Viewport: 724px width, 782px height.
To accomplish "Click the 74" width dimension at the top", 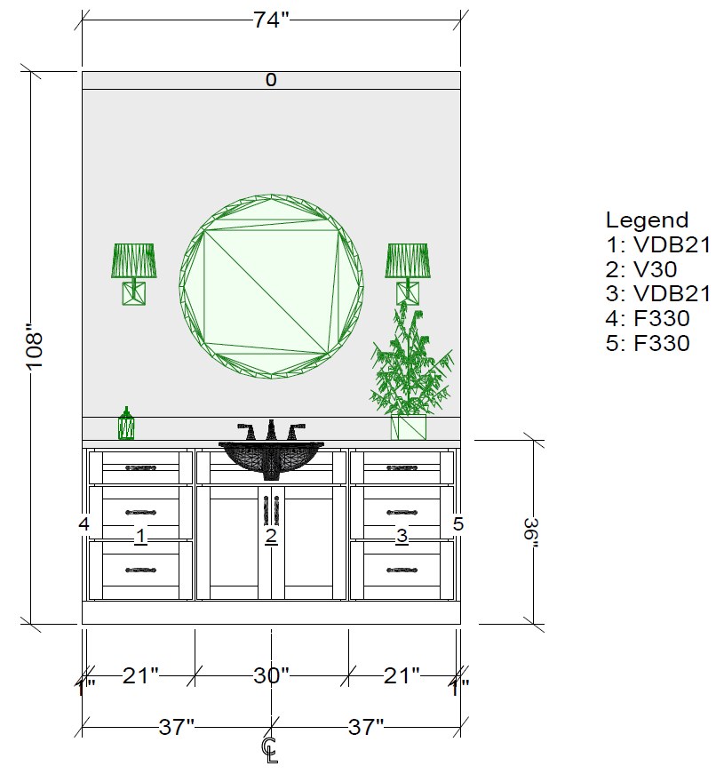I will coord(271,20).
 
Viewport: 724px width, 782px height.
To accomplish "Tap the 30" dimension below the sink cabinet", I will coord(271,675).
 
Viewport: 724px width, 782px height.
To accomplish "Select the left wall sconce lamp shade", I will coord(134,260).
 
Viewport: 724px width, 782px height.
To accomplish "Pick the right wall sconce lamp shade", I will coord(408,260).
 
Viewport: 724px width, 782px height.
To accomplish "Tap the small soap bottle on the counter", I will coord(126,425).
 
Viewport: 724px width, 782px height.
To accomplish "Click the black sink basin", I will coord(271,455).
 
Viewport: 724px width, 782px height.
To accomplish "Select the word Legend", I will coord(647,220).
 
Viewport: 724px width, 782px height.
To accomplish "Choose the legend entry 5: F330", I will coord(647,343).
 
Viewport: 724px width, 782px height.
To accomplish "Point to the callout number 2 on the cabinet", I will coord(271,536).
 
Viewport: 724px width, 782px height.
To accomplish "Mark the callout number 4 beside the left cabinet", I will coord(84,524).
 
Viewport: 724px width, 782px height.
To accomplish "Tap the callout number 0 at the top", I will coord(271,80).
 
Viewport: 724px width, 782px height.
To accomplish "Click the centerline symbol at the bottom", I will coord(271,750).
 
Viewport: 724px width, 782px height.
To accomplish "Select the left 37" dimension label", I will coord(177,728).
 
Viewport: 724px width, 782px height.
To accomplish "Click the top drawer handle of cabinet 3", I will coord(402,467).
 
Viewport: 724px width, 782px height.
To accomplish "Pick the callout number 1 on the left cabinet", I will coord(140,536).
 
